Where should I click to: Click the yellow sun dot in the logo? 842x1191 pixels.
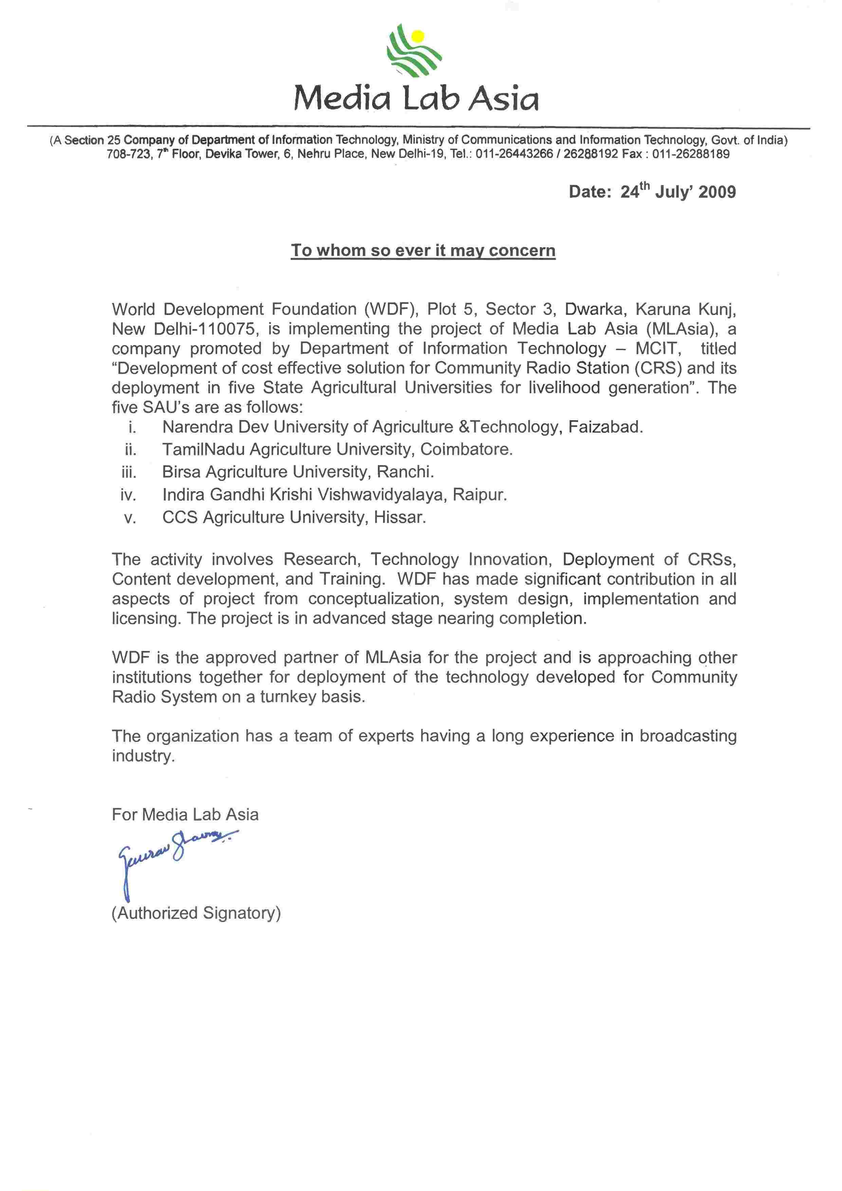pyautogui.click(x=418, y=36)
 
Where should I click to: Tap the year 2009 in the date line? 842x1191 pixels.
pyautogui.click(x=717, y=192)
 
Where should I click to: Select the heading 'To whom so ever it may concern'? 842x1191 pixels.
pyautogui.click(x=423, y=251)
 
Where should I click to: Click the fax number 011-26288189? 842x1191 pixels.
pyautogui.click(x=691, y=154)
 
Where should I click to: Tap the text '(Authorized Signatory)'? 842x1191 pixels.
pyautogui.click(x=196, y=913)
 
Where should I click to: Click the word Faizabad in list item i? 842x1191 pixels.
pyautogui.click(x=605, y=427)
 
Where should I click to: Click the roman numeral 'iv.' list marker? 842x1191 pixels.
pyautogui.click(x=128, y=495)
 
